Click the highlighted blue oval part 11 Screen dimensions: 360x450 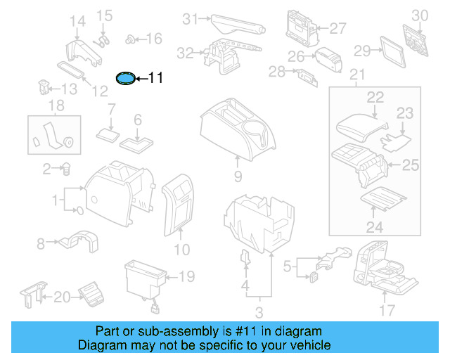coord(125,78)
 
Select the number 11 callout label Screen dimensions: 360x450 coord(155,78)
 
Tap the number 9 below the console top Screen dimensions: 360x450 coord(238,176)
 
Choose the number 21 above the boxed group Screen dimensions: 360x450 coord(358,75)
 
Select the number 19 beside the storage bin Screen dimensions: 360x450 coord(186,277)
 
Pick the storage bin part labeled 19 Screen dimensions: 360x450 coord(143,279)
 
